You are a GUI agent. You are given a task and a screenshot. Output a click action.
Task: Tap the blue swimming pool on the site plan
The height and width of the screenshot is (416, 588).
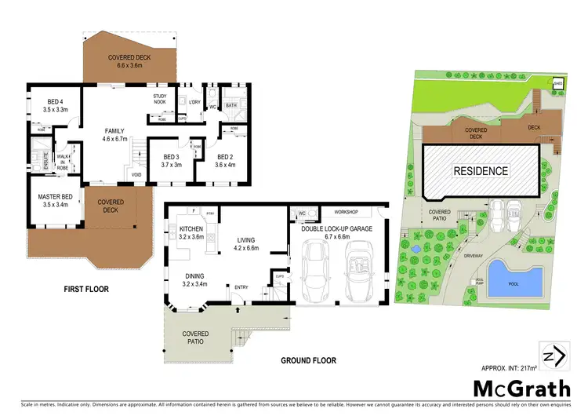coord(514,279)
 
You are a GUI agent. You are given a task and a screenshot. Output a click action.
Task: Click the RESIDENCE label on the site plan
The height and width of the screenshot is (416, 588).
coord(480,170)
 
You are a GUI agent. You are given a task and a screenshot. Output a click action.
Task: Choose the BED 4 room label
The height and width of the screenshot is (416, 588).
coord(49,100)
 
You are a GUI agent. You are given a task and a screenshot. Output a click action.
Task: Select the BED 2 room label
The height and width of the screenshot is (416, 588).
coord(225,156)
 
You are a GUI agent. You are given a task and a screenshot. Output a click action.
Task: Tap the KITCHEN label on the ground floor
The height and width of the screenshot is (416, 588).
coord(191,228)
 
